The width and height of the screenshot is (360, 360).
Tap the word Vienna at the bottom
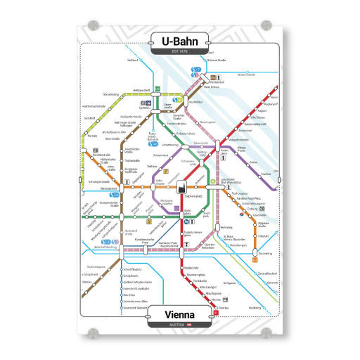[179, 314]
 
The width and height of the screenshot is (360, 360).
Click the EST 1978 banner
[180, 51]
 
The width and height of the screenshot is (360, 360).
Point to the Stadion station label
[266, 173]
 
